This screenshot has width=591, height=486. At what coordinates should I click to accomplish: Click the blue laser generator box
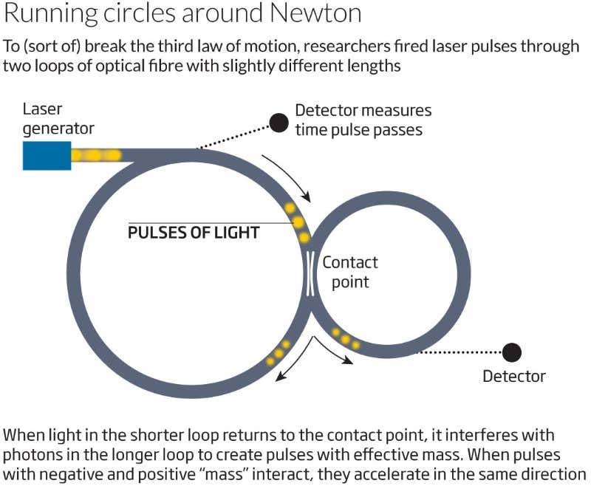coord(47,155)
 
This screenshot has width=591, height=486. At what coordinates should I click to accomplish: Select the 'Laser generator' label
coord(58,119)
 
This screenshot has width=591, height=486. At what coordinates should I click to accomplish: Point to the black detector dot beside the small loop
coord(511,352)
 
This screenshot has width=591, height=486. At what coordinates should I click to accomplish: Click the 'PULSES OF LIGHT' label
coord(194,233)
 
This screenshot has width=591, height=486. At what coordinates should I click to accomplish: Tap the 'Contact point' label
coord(349,272)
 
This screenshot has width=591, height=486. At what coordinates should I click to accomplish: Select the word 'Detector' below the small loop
coord(513,376)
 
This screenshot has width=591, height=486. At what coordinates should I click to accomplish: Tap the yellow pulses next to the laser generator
coord(94,155)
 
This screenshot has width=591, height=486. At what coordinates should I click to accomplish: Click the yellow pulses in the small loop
coord(346,338)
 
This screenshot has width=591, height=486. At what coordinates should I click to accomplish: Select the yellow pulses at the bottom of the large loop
coord(279,353)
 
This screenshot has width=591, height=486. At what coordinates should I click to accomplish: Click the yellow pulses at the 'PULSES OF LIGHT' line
coord(298,222)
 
